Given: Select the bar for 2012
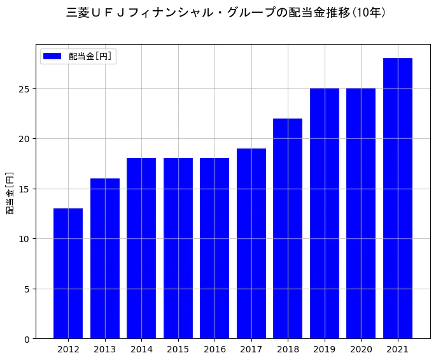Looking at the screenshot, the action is pyautogui.click(x=68, y=273).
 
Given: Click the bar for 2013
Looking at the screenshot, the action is pyautogui.click(x=105, y=259).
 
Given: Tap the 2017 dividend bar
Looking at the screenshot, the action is pyautogui.click(x=251, y=243).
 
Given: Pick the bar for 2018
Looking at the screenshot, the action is pyautogui.click(x=288, y=229).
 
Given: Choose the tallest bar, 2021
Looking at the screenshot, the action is pyautogui.click(x=398, y=198).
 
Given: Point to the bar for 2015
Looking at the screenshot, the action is pyautogui.click(x=178, y=248).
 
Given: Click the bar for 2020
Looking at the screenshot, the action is pyautogui.click(x=361, y=213).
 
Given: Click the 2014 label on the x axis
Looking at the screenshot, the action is pyautogui.click(x=141, y=349).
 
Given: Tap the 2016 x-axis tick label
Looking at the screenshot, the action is pyautogui.click(x=214, y=349).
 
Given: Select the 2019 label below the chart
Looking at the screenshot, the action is pyautogui.click(x=325, y=349).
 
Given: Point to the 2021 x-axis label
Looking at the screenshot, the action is pyautogui.click(x=398, y=349).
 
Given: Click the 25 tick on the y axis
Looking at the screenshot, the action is pyautogui.click(x=24, y=89).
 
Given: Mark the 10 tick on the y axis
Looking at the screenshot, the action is pyautogui.click(x=24, y=239).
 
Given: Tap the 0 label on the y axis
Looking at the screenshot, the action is pyautogui.click(x=27, y=340).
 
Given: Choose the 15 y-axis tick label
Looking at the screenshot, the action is pyautogui.click(x=24, y=189).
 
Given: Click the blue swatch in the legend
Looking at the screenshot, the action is pyautogui.click(x=52, y=56).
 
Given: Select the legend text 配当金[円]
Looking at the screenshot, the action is pyautogui.click(x=90, y=56).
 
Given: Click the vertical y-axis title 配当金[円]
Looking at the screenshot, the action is pyautogui.click(x=10, y=193).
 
